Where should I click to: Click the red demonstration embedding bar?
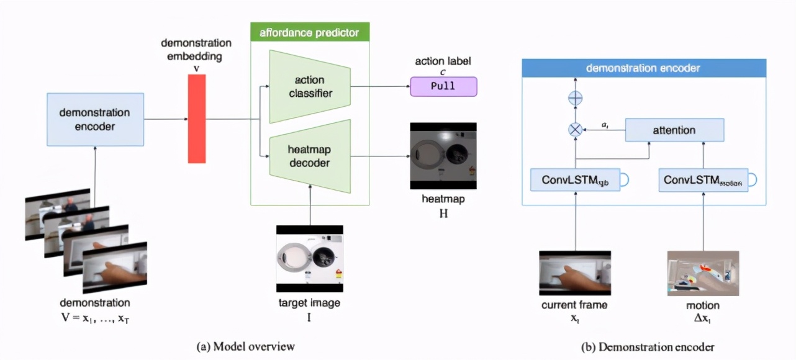pos(196,119)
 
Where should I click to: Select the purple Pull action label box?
pos(443,86)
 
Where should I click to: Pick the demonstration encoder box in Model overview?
pos(95,120)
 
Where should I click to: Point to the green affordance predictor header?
pos(309,32)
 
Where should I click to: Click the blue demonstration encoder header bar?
pos(644,68)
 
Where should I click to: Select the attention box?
pos(674,130)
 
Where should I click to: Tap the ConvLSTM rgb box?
pos(575,179)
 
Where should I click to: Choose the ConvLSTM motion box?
pos(703,179)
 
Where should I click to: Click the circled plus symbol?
pos(575,98)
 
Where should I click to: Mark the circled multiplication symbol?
pos(575,130)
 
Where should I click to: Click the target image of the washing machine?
pos(310,258)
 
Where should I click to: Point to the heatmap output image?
pos(443,155)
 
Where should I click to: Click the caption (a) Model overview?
pos(245,346)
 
